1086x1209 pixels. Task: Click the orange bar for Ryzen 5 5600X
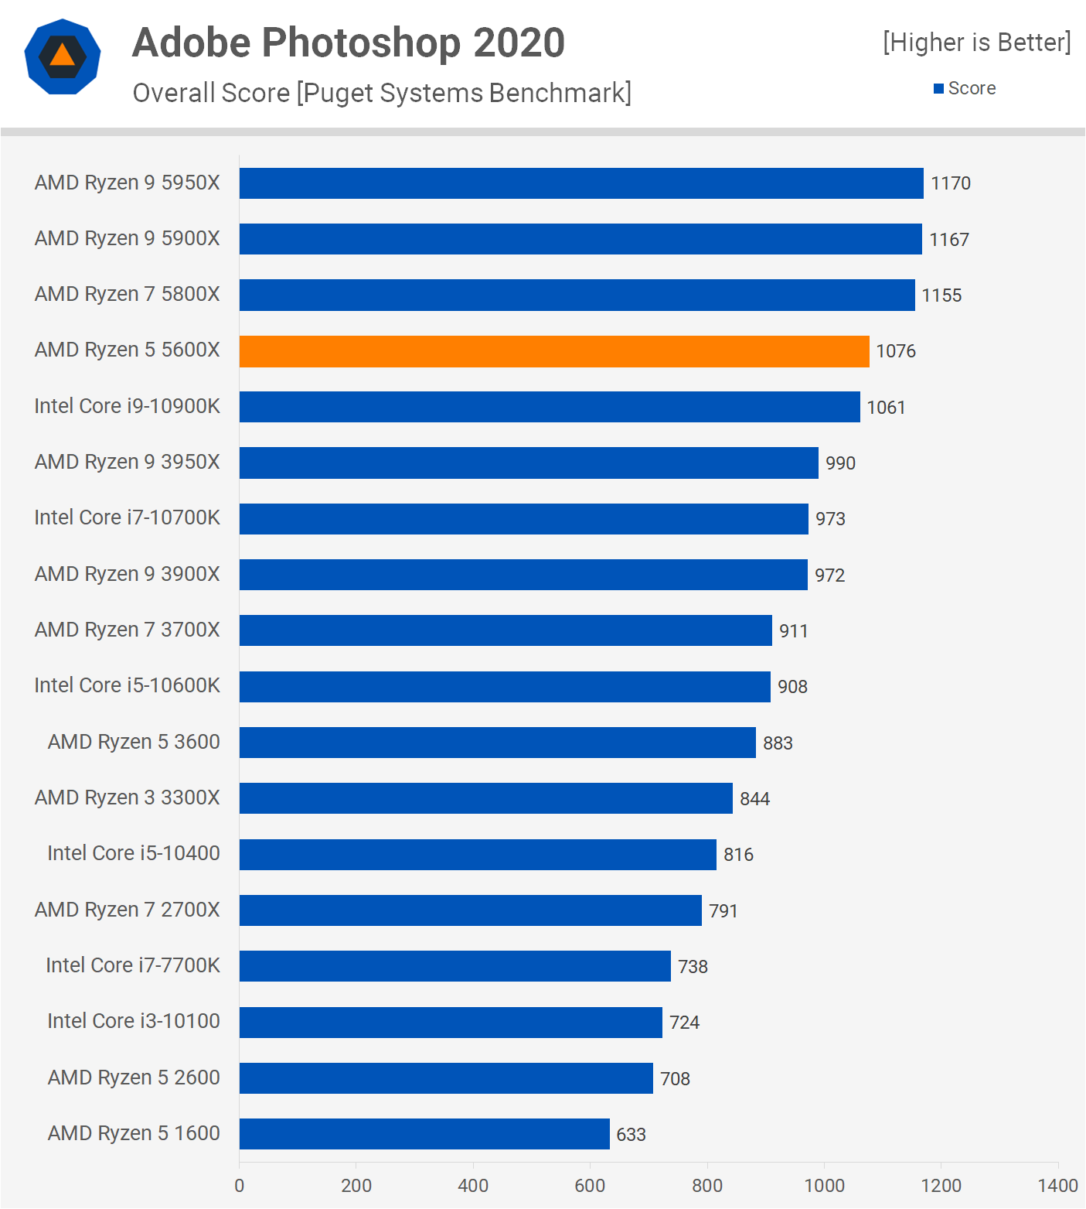(x=554, y=351)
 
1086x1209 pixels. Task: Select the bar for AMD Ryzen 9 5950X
(x=581, y=183)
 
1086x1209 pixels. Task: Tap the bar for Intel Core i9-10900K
(x=550, y=407)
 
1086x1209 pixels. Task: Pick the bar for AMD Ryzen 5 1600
(x=424, y=1134)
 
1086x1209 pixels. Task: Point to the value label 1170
(x=950, y=183)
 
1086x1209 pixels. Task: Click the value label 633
(x=631, y=1135)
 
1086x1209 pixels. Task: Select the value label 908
(x=792, y=687)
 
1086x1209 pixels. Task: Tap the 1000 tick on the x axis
(x=824, y=1185)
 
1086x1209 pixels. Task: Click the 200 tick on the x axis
(x=356, y=1185)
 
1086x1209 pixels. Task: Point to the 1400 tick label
(x=1057, y=1185)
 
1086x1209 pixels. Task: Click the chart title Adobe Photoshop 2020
(x=349, y=43)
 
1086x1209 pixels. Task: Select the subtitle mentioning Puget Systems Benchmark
(x=382, y=93)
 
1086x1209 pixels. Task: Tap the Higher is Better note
(x=977, y=43)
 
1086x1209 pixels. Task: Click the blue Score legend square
(x=938, y=89)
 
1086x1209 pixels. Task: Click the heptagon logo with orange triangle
(x=63, y=56)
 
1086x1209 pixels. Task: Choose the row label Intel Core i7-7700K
(x=133, y=965)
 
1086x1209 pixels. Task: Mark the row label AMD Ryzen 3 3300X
(x=128, y=797)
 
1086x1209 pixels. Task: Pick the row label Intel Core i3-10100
(x=134, y=1021)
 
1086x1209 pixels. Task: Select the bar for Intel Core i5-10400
(x=478, y=855)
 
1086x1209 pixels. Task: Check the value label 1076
(x=895, y=351)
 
